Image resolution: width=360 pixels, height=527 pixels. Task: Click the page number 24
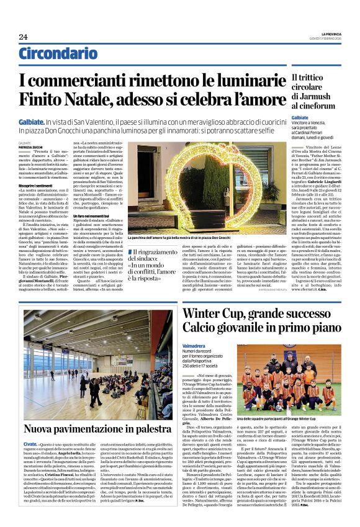23,37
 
